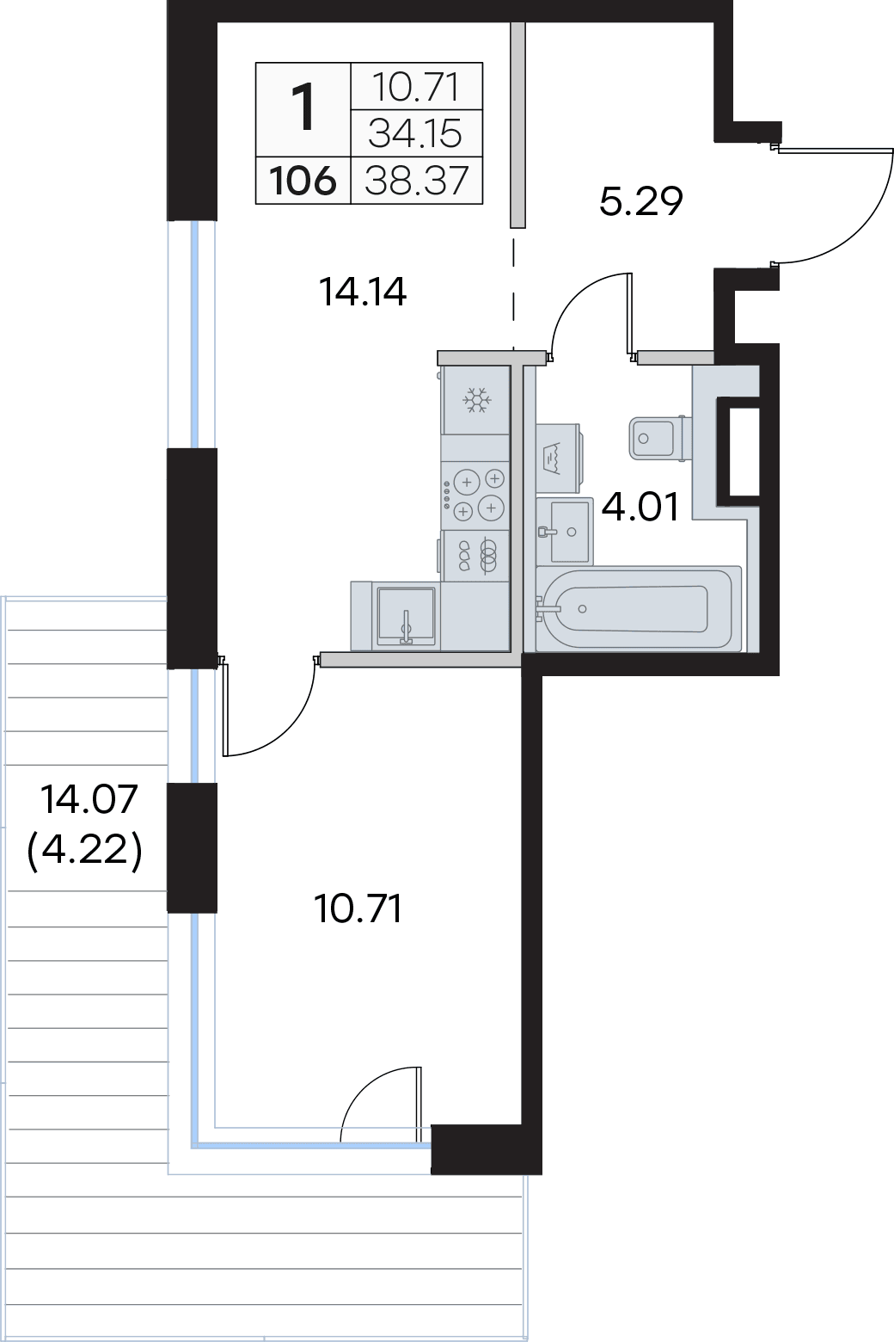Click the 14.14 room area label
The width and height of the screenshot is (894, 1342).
(363, 292)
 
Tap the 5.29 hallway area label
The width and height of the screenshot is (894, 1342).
(641, 201)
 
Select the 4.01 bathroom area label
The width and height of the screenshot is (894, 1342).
(640, 506)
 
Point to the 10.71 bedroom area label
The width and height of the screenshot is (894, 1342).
(358, 908)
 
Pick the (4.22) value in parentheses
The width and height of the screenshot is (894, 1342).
(85, 851)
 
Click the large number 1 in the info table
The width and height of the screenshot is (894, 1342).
(303, 109)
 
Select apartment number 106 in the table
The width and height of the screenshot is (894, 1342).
(303, 181)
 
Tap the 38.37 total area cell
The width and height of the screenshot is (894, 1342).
(417, 181)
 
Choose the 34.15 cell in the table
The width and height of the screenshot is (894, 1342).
(416, 133)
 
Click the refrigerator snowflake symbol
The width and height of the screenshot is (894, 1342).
(476, 400)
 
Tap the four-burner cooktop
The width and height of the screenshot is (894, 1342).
(476, 494)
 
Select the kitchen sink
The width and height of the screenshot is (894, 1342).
(406, 616)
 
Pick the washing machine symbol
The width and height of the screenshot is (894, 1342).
(554, 458)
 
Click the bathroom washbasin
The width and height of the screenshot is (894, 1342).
(565, 531)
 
